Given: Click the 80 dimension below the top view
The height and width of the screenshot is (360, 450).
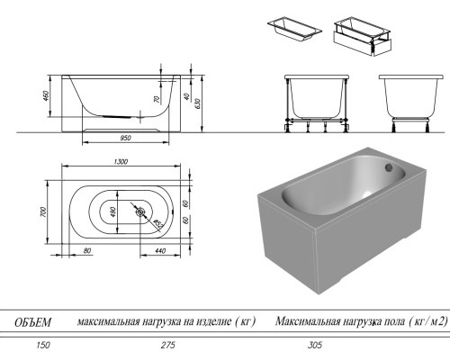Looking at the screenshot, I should click(x=86, y=251).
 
